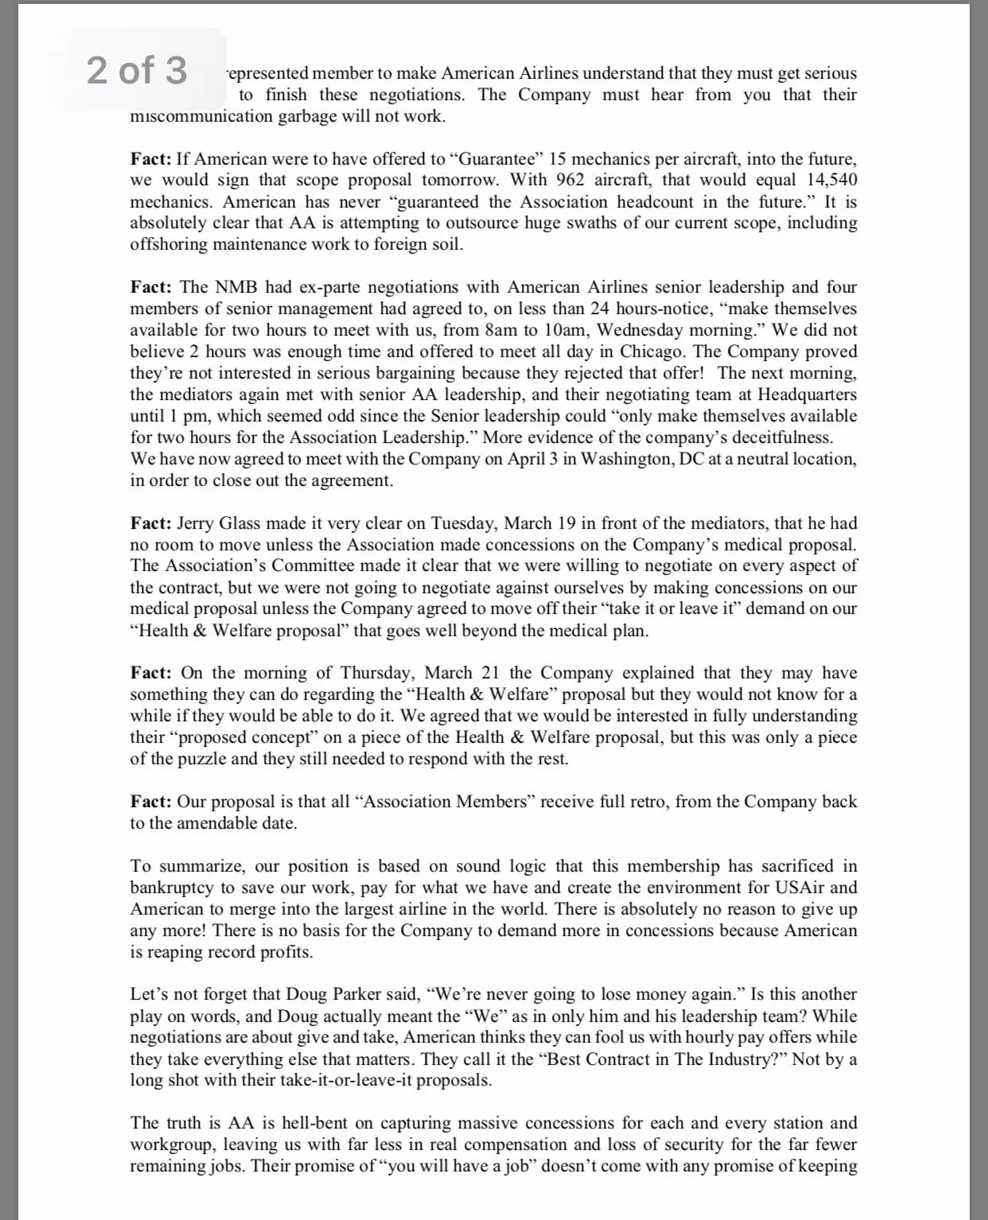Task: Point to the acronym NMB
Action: pos(236,287)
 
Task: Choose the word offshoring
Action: pos(169,244)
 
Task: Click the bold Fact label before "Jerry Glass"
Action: pos(151,523)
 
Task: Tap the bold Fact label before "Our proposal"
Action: pos(151,802)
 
